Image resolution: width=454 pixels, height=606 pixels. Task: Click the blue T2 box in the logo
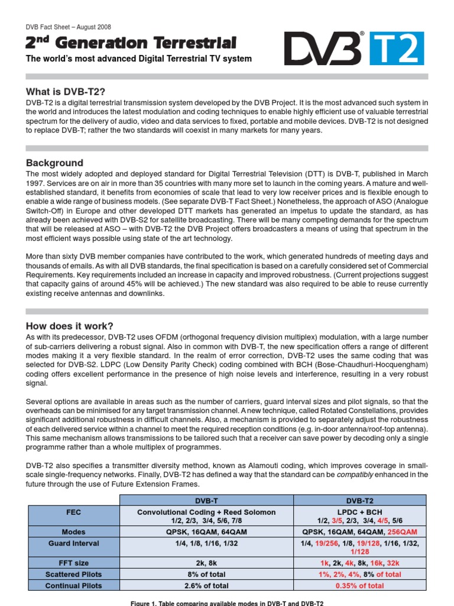[x=397, y=49]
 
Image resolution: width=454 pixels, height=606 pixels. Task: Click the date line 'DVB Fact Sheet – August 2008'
[x=68, y=27]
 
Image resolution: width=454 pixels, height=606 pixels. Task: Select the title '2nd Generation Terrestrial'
[x=131, y=43]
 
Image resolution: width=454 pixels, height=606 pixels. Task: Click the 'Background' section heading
[x=54, y=163]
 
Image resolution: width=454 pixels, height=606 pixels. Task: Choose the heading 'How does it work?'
[x=69, y=326]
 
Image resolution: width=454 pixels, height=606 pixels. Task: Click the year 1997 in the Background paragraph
[x=35, y=184]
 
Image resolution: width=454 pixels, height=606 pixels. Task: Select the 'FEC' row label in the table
[x=74, y=512]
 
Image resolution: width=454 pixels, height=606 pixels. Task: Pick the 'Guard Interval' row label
[x=74, y=543]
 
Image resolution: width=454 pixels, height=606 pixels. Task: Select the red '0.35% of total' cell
[x=359, y=585]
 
